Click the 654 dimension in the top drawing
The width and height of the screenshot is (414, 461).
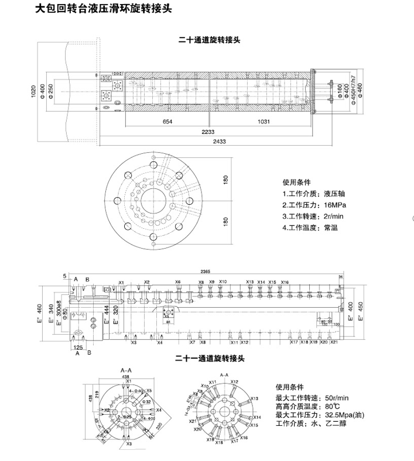pos(167,121)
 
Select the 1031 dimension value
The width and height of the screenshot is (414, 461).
pos(262,121)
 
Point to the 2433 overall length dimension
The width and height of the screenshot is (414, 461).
pos(219,142)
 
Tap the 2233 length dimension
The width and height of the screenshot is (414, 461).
pos(208,132)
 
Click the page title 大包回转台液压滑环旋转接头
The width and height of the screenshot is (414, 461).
pos(104,9)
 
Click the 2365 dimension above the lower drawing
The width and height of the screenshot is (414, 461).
pos(204,272)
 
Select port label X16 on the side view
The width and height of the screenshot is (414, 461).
pos(285,283)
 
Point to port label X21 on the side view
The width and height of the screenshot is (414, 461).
pos(334,342)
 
